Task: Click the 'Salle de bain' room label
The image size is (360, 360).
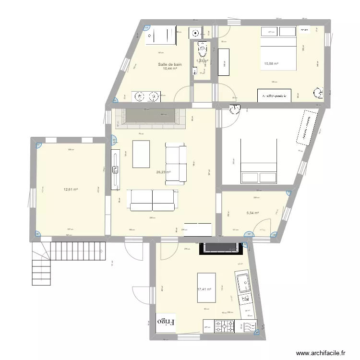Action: pos(170,64)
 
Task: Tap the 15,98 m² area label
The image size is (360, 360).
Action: pos(271,63)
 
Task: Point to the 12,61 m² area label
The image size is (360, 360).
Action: pos(71,189)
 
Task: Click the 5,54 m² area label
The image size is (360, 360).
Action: pos(252,213)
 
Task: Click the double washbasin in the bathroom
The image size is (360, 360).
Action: pos(146,97)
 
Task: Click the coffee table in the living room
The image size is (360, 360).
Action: pos(141,154)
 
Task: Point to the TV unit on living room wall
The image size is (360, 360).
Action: pos(115,169)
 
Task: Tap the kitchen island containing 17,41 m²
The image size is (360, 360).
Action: pos(206,288)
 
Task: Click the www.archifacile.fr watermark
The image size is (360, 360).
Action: pos(321,353)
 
